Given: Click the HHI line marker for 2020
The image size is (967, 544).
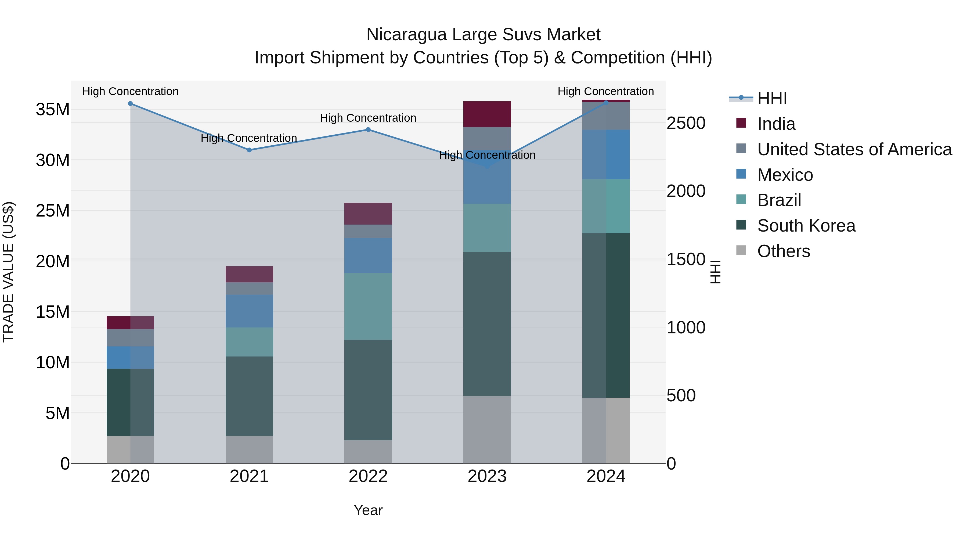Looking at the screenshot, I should pos(130,104).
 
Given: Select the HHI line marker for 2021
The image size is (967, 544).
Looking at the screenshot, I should pos(249,150).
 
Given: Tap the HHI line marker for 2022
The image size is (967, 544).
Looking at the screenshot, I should pos(368,129).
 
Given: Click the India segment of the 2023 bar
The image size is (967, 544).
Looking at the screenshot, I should pos(487,114).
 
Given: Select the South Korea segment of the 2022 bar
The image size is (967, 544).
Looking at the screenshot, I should pos(368,390).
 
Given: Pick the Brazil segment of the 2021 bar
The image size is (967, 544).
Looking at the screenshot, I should pos(249,342).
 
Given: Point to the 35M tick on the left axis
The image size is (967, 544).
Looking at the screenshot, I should pos(53,110).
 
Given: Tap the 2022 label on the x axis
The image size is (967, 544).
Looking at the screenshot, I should pos(368,476).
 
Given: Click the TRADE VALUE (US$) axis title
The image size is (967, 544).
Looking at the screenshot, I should pos(8,272).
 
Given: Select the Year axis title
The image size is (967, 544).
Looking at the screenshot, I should pos(368,510).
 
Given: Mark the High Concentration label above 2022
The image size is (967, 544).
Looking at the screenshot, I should pos(368,118).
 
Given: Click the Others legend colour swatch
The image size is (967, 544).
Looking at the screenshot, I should pos(741,250).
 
